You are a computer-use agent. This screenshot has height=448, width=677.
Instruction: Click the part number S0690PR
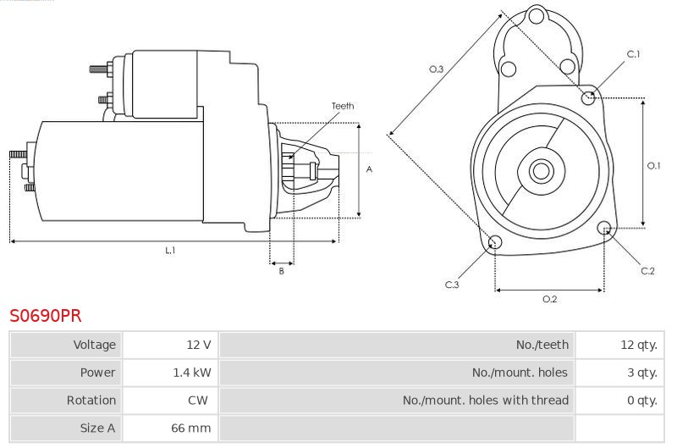coord(46,315)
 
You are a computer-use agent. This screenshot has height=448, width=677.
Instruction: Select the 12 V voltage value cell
coord(170,345)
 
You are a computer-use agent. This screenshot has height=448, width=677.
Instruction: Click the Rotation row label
coord(91,401)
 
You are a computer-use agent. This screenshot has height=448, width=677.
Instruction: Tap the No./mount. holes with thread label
coord(485,401)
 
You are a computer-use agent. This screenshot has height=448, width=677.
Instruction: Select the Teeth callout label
coord(343,106)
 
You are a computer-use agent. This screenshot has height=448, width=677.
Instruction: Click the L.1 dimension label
coord(170,250)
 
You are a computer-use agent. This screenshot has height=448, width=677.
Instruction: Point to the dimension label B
coord(282,271)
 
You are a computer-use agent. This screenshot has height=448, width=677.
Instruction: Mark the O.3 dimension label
coord(436,69)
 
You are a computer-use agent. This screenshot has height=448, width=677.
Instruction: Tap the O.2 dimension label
coord(549,299)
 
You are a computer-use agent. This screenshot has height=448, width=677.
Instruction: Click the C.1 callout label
coord(633,54)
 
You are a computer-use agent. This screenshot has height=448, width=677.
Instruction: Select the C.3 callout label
coord(452,285)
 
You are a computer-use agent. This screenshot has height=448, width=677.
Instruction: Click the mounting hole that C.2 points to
coord(604,228)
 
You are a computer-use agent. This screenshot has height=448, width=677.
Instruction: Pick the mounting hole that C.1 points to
coord(588,98)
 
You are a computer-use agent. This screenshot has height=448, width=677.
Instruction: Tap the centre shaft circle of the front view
coord(541,171)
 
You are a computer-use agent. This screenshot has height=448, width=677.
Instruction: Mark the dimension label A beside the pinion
coord(369,169)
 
